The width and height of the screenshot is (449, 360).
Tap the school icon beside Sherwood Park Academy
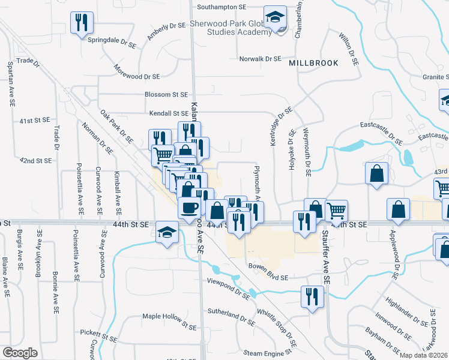click(276, 19)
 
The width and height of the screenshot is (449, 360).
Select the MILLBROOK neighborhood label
click(313, 63)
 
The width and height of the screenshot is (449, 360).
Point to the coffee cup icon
click(189, 208)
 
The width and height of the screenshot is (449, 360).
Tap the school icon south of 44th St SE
click(166, 232)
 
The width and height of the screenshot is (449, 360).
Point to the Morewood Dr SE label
click(139, 77)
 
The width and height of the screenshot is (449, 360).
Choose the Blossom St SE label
click(166, 95)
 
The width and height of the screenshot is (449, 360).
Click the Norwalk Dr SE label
click(261, 59)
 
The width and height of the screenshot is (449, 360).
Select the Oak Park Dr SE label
click(116, 127)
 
